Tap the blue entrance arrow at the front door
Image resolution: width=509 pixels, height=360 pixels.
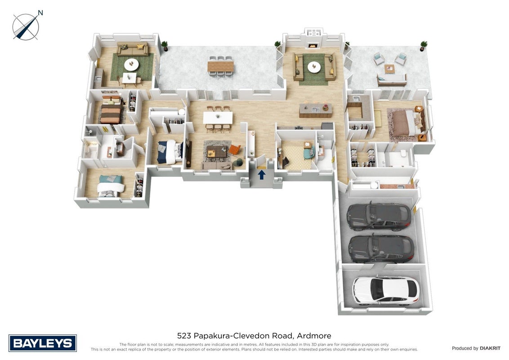pyautogui.click(x=261, y=175)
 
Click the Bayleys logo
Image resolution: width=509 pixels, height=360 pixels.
pyautogui.click(x=43, y=343)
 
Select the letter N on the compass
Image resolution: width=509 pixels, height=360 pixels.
pyautogui.click(x=40, y=13)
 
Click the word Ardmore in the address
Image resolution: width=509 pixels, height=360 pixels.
pyautogui.click(x=314, y=336)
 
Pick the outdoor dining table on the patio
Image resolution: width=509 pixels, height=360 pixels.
pyautogui.click(x=220, y=66)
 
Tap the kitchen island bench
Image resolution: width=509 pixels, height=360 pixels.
pyautogui.click(x=316, y=110)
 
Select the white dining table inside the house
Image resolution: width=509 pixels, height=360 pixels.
pyautogui.click(x=218, y=117)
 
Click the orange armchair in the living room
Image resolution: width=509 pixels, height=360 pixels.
pyautogui.click(x=234, y=149)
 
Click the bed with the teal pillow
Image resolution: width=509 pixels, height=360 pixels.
pyautogui.click(x=110, y=186)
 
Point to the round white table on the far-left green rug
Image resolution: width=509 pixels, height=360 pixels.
pyautogui.click(x=131, y=64)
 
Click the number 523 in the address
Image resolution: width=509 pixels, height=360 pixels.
pyautogui.click(x=183, y=336)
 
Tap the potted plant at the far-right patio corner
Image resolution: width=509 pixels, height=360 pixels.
pyautogui.click(x=423, y=45)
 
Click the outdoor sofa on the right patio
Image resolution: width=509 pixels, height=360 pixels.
pyautogui.click(x=392, y=79)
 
